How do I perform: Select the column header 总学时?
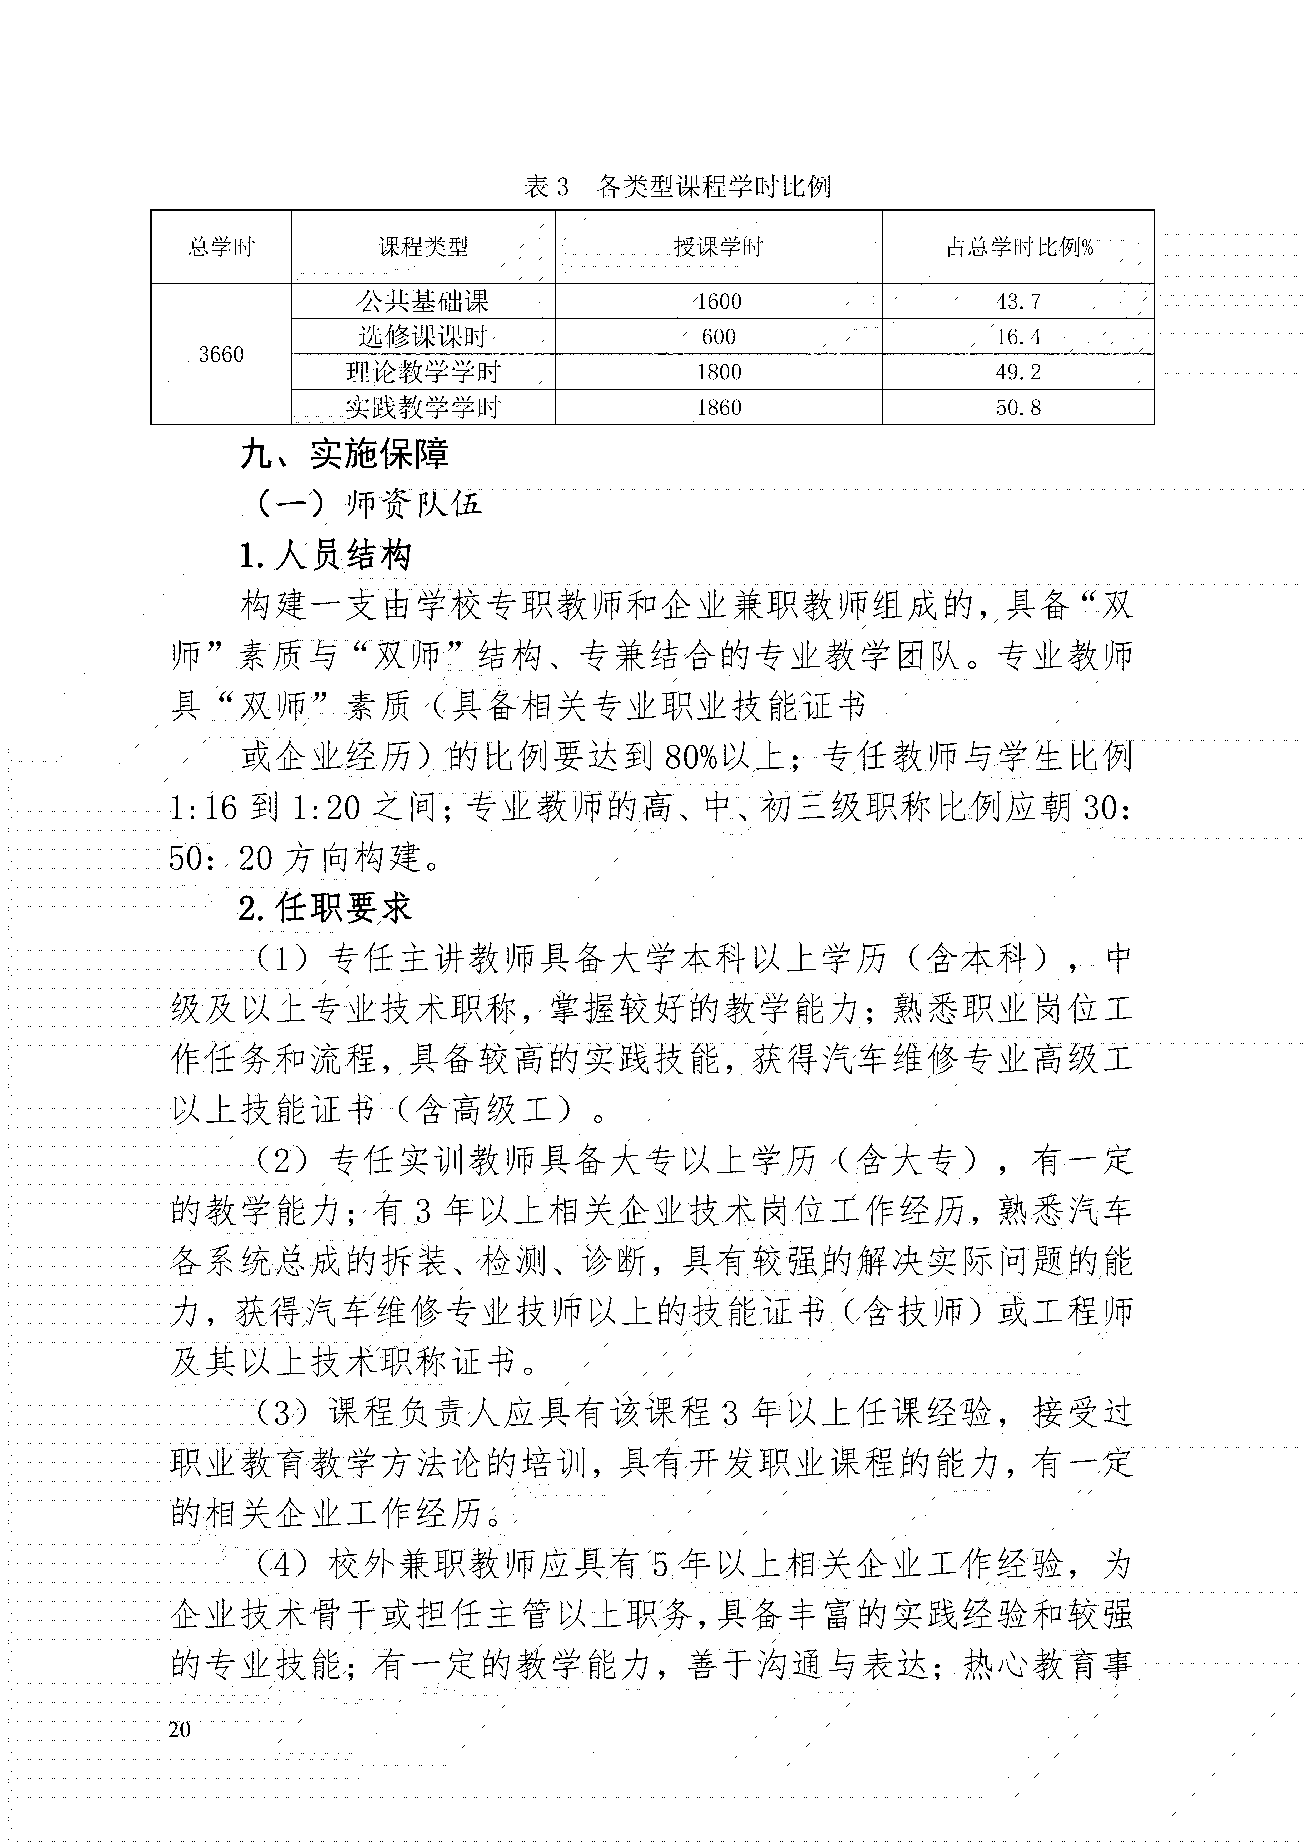pos(221,247)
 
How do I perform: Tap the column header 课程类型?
pos(423,247)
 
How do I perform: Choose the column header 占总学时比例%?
pos(1019,247)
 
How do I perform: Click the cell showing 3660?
pos(221,355)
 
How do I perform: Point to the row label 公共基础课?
pos(423,302)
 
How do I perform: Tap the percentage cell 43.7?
pos(1019,302)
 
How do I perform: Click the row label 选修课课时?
pos(423,337)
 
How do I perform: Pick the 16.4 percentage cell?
pos(1019,337)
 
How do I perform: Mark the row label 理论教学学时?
pos(423,373)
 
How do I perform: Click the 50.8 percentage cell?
pos(1019,408)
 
